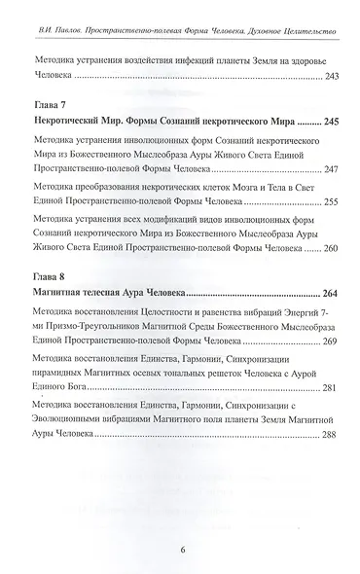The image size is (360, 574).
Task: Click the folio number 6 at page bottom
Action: point(182,548)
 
